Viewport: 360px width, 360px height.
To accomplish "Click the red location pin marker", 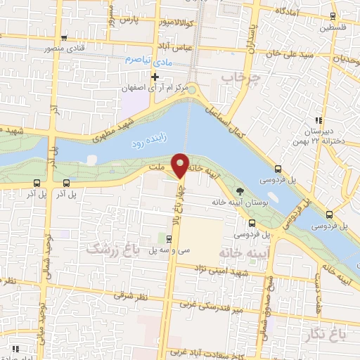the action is click(x=181, y=165).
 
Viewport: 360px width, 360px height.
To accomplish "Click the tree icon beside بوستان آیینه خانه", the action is click(x=240, y=191).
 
